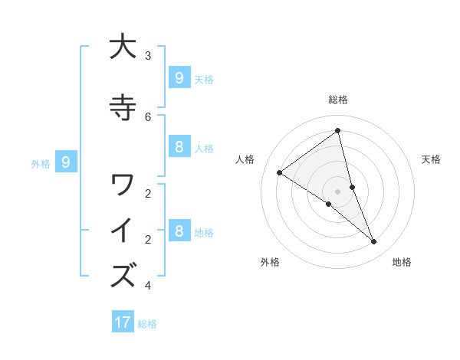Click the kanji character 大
tap(123, 47)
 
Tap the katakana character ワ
tap(123, 185)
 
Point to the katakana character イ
tap(123, 231)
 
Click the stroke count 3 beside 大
tap(148, 55)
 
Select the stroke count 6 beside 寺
tap(148, 116)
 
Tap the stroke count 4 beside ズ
tap(148, 286)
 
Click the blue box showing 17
tap(123, 322)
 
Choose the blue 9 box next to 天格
tap(179, 77)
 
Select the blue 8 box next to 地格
tap(179, 231)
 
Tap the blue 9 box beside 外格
tap(66, 162)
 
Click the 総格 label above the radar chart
tap(337, 100)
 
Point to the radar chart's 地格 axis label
tap(402, 262)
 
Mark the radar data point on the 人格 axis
tap(280, 173)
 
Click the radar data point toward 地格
tap(374, 242)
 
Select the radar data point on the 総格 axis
tap(337, 131)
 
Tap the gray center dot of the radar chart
tap(337, 191)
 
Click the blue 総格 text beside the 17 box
tap(147, 324)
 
